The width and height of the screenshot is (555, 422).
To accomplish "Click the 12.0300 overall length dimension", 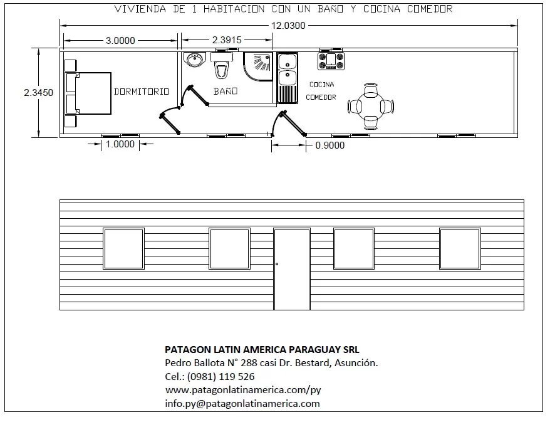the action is tap(288, 26).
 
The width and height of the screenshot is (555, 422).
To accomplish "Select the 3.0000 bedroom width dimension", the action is tap(120, 40).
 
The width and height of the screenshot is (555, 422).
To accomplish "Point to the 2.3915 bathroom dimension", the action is tap(227, 40).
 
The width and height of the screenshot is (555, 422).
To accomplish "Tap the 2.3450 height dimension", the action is tap(38, 92).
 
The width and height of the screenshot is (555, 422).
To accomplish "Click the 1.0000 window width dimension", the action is tap(120, 144).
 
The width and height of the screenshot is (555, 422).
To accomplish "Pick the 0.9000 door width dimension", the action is tap(330, 145).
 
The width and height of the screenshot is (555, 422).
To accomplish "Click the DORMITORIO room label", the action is tap(141, 92).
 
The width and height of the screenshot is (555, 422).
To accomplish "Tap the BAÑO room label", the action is tap(226, 91).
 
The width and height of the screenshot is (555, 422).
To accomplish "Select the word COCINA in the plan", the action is tap(322, 85).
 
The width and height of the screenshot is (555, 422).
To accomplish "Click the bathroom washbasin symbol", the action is tap(194, 60).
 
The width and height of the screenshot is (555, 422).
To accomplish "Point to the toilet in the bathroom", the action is tap(222, 66).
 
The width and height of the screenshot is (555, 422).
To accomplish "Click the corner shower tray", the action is tap(258, 66).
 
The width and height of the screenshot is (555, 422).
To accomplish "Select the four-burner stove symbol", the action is tap(331, 61).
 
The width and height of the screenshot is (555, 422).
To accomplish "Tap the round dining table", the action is tap(371, 107).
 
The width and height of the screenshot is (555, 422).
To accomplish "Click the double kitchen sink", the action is tap(287, 78).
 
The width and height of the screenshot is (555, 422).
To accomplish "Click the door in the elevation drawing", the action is tap(292, 269).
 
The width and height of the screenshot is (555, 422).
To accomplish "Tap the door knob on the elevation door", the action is tap(277, 264).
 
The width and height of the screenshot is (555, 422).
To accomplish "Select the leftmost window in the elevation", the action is tap(123, 249).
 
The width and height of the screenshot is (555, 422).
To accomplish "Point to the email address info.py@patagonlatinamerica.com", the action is tap(242, 404).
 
